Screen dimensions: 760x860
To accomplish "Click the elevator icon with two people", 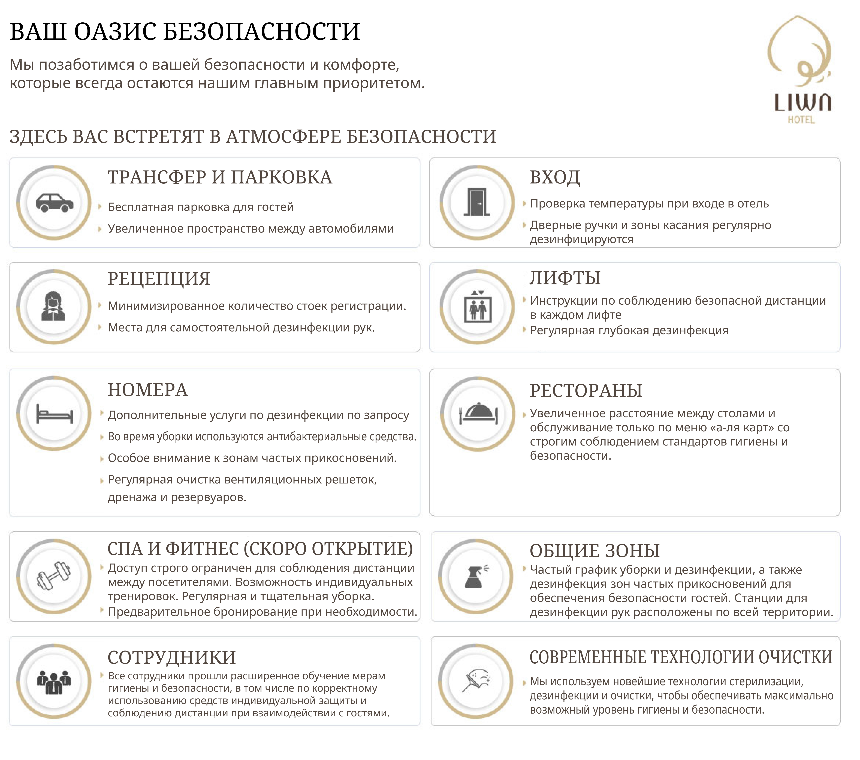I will pyautogui.click(x=478, y=307).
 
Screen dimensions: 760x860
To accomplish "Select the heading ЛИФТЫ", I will pyautogui.click(x=565, y=278).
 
